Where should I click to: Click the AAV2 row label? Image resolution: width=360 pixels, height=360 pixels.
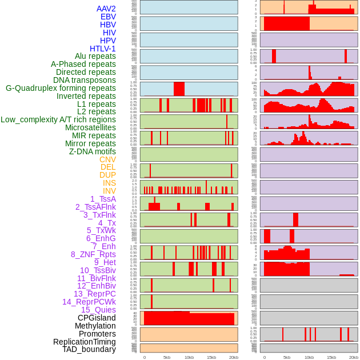[106, 9]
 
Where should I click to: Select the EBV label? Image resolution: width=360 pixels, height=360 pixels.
[108, 17]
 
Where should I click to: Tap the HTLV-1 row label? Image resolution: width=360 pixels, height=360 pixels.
[102, 49]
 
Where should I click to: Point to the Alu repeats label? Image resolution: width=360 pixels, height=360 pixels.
[95, 56]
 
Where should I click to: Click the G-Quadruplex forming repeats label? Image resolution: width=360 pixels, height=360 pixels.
[61, 88]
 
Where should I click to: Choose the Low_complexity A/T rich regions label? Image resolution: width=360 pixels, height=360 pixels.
[58, 119]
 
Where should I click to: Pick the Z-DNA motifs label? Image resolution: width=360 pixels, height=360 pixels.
[93, 151]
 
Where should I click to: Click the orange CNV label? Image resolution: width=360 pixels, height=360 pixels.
[107, 159]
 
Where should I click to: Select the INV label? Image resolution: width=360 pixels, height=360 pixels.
[109, 191]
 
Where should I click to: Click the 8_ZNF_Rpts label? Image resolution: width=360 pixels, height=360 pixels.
[93, 254]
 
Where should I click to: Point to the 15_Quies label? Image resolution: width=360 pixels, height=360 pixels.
[98, 310]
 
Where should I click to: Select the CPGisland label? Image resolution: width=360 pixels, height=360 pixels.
[97, 318]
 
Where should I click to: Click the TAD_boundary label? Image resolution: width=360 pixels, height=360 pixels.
[89, 349]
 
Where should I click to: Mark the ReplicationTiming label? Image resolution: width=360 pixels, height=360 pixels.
[84, 342]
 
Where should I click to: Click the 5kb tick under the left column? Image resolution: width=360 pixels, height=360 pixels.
[167, 357]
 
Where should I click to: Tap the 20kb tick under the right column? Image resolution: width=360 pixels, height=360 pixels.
[354, 357]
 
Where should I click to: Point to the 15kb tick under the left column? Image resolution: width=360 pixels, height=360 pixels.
[211, 357]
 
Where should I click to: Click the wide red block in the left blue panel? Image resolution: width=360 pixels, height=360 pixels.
[179, 89]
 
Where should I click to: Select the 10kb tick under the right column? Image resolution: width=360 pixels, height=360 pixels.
[309, 357]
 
